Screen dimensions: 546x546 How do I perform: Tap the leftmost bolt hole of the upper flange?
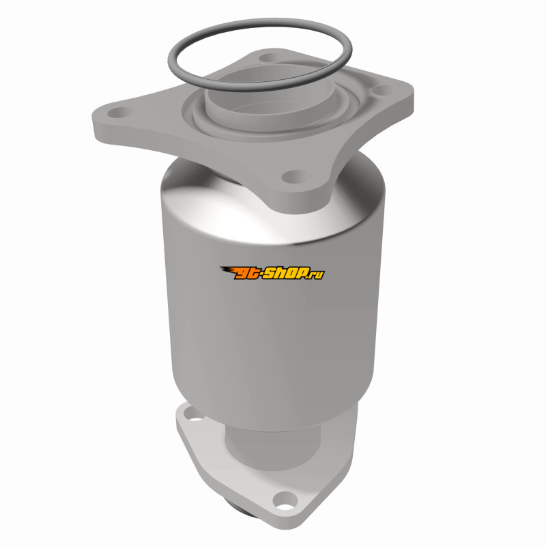coord(120,113)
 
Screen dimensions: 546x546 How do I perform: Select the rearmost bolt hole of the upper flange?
coord(269,57)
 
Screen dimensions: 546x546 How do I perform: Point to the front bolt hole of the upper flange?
coord(296,176)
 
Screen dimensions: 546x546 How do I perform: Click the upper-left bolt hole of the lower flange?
coord(192,414)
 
